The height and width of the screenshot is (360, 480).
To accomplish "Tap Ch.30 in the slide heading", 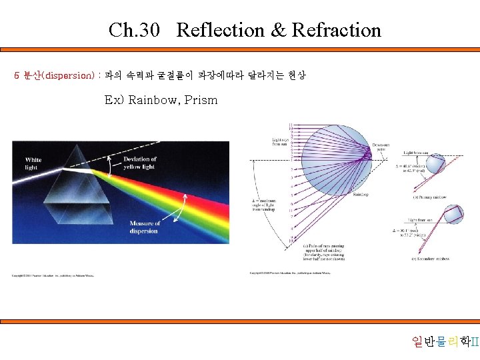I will click(x=135, y=30).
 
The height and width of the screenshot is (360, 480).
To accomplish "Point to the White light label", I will click(x=33, y=163).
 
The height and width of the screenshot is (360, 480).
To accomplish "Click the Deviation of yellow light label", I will click(x=140, y=163).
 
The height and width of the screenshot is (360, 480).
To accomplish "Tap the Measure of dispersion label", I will click(x=145, y=227).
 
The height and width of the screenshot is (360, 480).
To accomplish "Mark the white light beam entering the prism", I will click(x=40, y=176).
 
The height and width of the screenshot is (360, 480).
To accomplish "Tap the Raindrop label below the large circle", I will click(x=361, y=195).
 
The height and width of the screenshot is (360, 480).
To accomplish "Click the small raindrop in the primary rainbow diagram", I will click(x=435, y=163).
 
